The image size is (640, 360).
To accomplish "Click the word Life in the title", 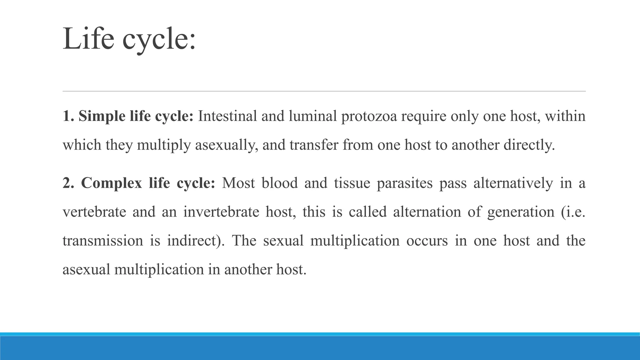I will point(88,39).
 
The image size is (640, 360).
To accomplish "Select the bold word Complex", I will point(112,183).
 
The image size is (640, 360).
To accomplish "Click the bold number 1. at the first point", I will point(68,116).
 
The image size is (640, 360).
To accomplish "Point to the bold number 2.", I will point(68,183).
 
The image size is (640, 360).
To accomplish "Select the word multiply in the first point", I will point(164,145).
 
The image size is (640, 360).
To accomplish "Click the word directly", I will point(529,145).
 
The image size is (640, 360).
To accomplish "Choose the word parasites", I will point(405,183).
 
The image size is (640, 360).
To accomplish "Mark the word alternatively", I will point(513,183).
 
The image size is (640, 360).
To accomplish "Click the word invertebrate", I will point(221,212).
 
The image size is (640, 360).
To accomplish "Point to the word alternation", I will point(427,212).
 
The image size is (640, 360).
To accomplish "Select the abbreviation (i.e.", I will point(573,212).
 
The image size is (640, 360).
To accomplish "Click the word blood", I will point(280,183).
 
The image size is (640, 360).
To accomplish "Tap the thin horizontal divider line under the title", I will point(324,91).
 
